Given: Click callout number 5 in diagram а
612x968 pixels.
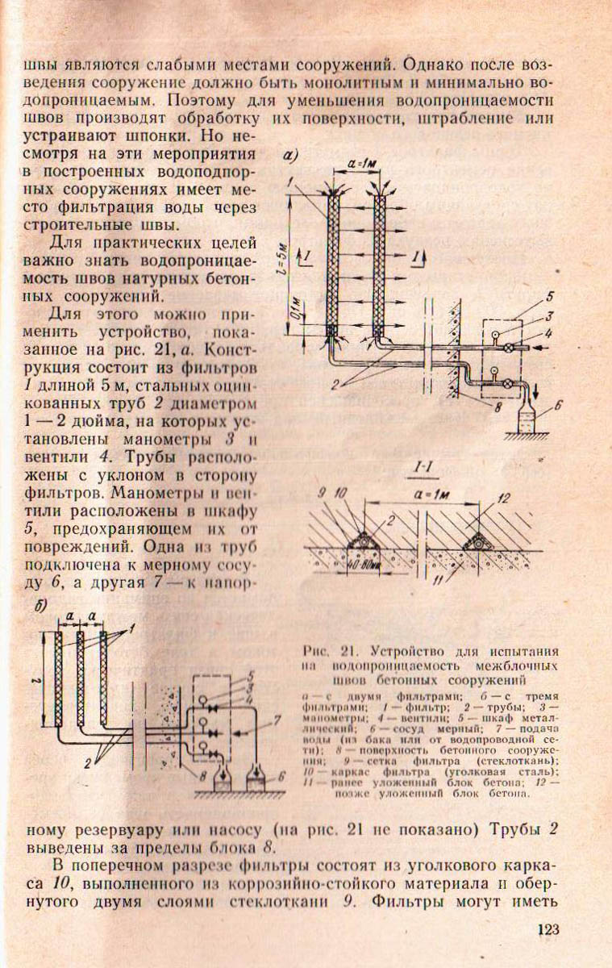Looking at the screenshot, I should coord(550,294).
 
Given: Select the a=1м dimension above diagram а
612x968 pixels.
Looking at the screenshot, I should coord(356,165).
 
